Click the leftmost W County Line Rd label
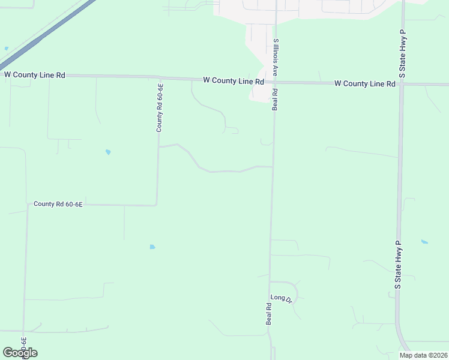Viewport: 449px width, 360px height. click(x=34, y=75)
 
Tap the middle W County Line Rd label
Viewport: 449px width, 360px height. click(x=234, y=80)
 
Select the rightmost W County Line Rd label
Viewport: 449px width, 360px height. click(x=364, y=83)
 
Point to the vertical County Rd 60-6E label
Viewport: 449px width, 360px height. click(x=160, y=108)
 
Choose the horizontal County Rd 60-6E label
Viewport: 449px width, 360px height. click(x=58, y=204)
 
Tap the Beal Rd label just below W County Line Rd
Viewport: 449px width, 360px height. click(x=275, y=100)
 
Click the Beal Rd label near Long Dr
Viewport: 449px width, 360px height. click(x=269, y=314)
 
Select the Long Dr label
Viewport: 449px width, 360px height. click(x=281, y=298)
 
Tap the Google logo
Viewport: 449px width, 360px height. click(x=20, y=353)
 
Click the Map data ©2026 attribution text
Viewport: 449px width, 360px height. click(x=423, y=355)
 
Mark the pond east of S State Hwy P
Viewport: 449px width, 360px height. click(x=424, y=242)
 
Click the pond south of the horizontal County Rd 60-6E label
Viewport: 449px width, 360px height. click(x=152, y=247)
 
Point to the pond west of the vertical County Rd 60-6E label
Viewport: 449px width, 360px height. click(x=108, y=152)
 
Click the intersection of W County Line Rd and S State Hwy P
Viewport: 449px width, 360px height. click(x=401, y=84)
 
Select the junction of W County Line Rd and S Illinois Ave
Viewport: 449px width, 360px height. click(x=276, y=82)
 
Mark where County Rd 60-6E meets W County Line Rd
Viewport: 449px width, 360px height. click(x=159, y=77)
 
